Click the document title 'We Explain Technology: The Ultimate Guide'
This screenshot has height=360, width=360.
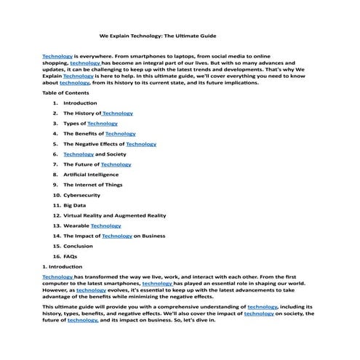158,35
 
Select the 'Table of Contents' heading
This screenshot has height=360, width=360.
65,93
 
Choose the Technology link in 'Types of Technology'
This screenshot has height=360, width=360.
103,124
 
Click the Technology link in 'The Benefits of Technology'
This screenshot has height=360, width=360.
120,134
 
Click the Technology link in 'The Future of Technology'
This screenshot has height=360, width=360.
116,164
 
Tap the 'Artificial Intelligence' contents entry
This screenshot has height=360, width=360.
91,175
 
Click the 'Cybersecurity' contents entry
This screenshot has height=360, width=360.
82,195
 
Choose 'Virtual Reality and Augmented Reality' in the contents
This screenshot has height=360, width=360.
114,215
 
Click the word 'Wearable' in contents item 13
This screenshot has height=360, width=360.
76,225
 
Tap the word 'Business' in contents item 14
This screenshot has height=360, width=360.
153,236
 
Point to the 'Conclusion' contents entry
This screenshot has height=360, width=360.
78,246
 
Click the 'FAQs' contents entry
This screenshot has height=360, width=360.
71,256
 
